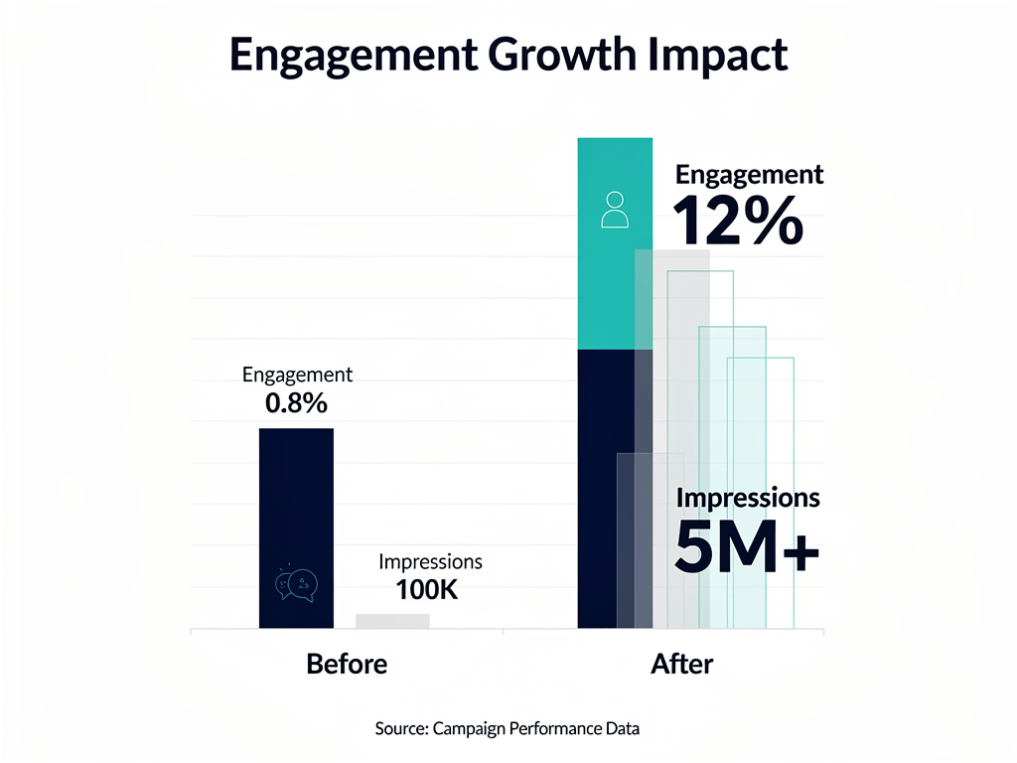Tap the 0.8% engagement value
pos(296,403)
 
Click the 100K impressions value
pos(426,589)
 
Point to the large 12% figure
pos(737,221)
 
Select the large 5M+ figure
pos(747,547)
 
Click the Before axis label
pos(347,664)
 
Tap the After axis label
pos(681,664)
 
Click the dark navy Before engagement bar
pos(296,497)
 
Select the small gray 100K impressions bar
pos(392,621)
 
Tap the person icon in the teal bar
pos(615,210)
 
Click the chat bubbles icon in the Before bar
pos(295,585)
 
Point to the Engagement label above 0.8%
pos(297,376)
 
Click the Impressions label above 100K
pos(430,562)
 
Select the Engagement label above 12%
pos(749,175)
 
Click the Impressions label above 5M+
pos(748,497)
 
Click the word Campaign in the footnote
pos(469,728)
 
